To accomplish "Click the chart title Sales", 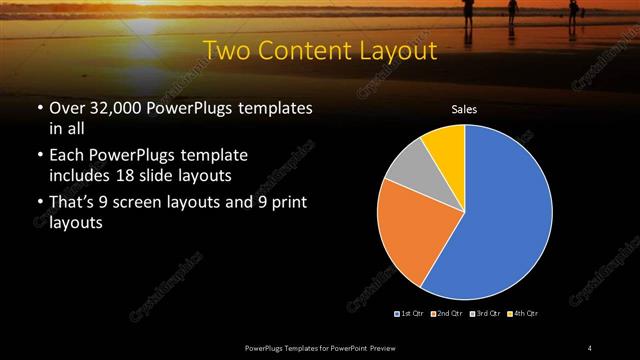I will [464, 109].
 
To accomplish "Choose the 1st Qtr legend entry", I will [409, 314].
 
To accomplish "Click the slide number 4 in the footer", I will [590, 347].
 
